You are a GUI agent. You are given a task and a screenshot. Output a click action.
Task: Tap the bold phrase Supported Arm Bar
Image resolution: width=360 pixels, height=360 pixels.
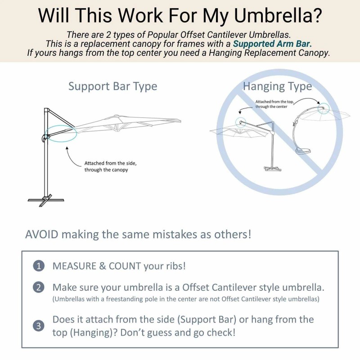click(272, 44)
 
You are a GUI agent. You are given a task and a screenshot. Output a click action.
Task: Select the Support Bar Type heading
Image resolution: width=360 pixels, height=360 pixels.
click(112, 86)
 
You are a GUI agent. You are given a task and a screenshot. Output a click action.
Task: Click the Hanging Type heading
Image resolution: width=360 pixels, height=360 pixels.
click(277, 86)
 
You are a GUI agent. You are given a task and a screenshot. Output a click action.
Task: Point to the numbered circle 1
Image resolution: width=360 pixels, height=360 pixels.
click(39, 266)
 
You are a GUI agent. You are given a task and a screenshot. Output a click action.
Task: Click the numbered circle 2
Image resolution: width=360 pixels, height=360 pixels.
click(39, 288)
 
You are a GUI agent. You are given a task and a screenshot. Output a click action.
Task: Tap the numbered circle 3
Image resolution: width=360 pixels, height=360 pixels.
click(39, 326)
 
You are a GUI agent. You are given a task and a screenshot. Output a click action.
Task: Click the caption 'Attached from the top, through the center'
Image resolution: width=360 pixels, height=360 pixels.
click(274, 104)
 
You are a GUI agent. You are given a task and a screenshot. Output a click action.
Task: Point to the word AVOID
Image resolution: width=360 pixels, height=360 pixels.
click(41, 234)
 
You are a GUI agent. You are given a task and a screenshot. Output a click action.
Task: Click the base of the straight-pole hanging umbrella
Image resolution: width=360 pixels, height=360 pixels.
click(271, 169)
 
